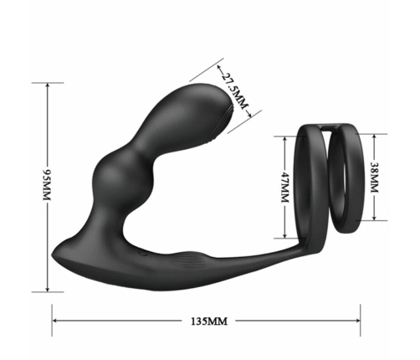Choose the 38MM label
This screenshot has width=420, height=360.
pyautogui.click(x=375, y=176)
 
